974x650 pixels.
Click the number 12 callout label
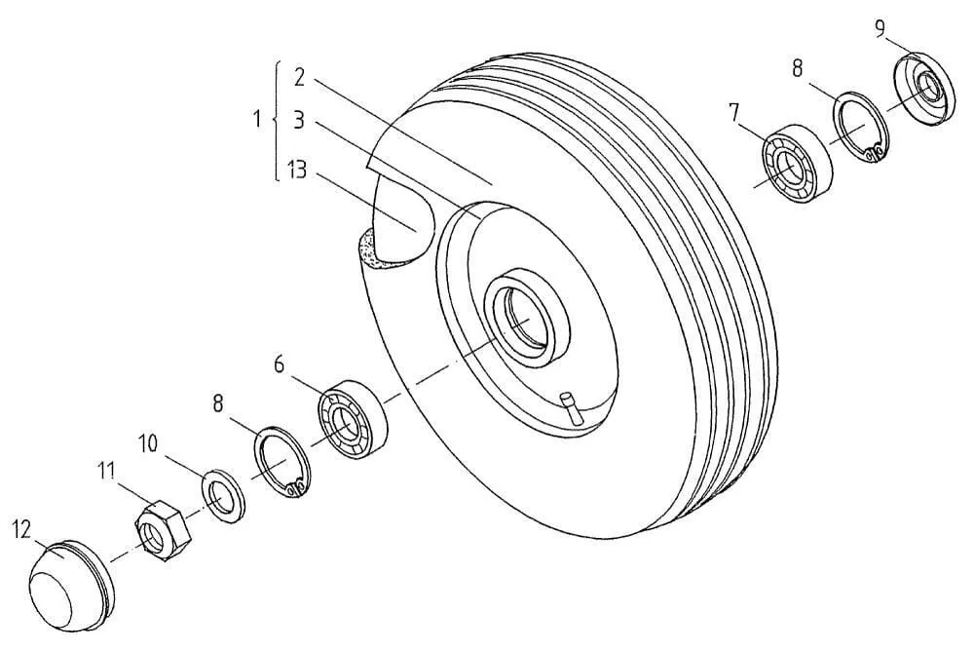(20, 531)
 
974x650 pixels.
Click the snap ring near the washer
(283, 462)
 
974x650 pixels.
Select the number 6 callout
(279, 364)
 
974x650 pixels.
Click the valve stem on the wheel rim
(571, 408)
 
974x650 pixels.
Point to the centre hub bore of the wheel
(526, 315)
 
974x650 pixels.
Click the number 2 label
(299, 77)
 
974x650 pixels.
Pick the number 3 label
(299, 121)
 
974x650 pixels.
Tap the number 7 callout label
(734, 113)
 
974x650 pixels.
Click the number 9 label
(880, 29)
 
